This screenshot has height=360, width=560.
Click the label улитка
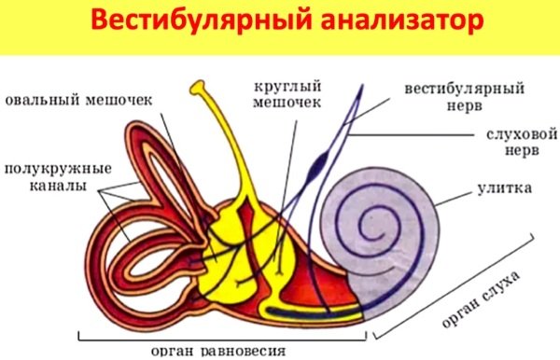505,188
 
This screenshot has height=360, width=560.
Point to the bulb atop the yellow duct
199,89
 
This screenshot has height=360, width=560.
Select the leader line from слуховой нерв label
411,136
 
